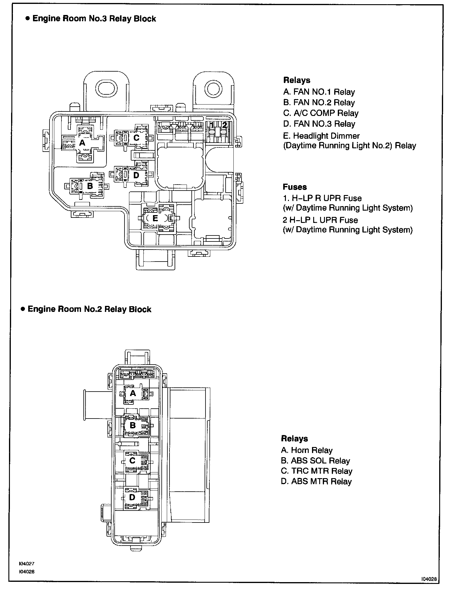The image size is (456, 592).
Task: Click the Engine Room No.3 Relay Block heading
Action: click(x=94, y=19)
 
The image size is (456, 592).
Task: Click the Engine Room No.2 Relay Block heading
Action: click(x=89, y=309)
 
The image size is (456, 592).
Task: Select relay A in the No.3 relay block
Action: click(x=82, y=143)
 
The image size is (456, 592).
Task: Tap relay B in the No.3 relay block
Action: click(x=89, y=186)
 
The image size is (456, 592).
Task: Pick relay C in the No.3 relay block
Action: click(x=136, y=138)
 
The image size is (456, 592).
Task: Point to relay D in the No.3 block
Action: click(x=136, y=175)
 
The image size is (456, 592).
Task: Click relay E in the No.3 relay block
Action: click(x=155, y=218)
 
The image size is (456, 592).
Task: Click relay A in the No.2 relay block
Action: click(x=133, y=393)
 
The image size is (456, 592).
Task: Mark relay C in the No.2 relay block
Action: click(x=132, y=460)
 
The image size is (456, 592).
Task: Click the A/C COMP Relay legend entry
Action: click(x=321, y=113)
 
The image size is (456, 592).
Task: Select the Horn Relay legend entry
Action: click(x=307, y=450)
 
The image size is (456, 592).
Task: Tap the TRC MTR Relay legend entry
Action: click(x=316, y=471)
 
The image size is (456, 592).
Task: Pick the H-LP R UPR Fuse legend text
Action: click(x=322, y=198)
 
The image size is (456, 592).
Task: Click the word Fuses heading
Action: click(x=295, y=187)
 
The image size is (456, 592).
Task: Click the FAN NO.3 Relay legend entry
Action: click(x=319, y=124)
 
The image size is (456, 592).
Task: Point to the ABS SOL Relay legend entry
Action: click(x=315, y=461)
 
